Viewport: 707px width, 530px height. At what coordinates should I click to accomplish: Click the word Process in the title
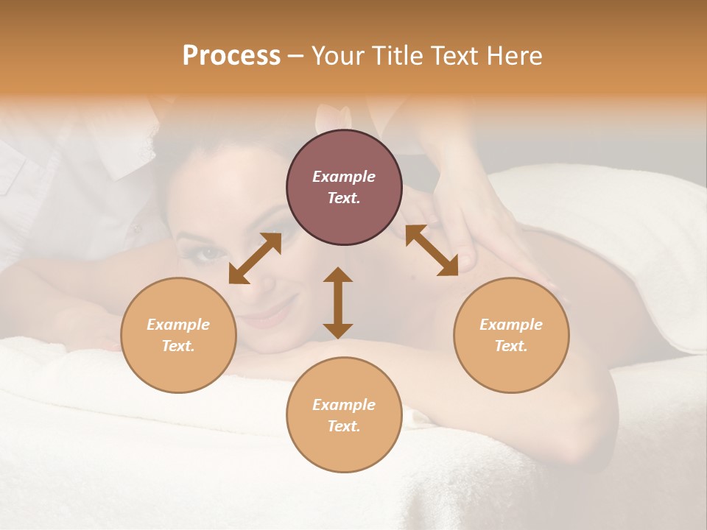pos(231,56)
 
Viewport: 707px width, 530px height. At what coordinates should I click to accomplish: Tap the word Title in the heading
pos(398,56)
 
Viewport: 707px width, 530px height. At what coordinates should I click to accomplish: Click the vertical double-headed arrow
pos(338,303)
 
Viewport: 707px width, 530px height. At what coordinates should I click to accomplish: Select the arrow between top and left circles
pos(255,258)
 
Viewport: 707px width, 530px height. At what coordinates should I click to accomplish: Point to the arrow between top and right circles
pos(432,250)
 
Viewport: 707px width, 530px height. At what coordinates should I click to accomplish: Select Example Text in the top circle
pos(344,187)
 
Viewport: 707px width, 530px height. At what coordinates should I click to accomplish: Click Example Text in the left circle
pos(178,335)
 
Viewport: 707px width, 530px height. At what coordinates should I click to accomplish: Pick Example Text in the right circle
pos(511,335)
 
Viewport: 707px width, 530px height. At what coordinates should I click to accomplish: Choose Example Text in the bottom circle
pos(344,415)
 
